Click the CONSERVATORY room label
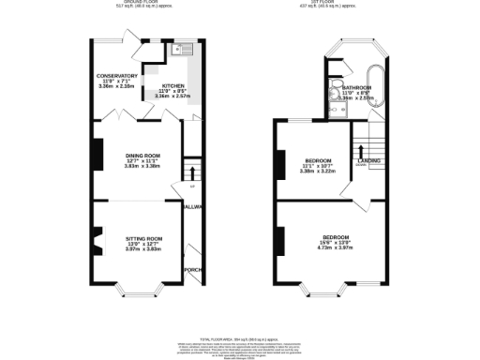(117, 76)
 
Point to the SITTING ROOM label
(144, 239)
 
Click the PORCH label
(193, 270)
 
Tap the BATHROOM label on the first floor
(361, 86)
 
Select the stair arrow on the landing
(362, 150)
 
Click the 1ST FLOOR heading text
(333, 3)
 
